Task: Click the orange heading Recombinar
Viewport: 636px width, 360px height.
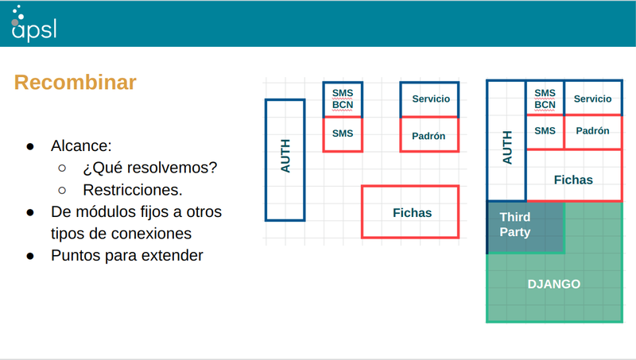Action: coord(76,83)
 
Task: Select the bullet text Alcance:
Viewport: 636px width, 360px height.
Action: coord(81,146)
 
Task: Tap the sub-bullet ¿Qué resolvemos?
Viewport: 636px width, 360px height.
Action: coord(149,168)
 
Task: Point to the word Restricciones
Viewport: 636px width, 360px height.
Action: coord(132,191)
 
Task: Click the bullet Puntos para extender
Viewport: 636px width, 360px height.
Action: coord(127,256)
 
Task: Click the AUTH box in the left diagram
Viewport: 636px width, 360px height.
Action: coord(285,159)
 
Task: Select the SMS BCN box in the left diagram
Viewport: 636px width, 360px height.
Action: coord(343,99)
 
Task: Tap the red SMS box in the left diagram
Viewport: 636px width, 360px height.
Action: coord(343,134)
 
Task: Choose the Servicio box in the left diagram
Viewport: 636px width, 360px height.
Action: coord(429,99)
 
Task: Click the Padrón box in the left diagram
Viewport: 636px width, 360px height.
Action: coord(429,135)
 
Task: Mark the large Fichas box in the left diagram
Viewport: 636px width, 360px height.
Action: coord(411,212)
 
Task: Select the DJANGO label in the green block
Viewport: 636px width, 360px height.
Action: coord(554,284)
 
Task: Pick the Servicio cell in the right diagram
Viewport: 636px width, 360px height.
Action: coord(592,99)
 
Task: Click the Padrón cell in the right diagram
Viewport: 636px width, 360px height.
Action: coord(592,131)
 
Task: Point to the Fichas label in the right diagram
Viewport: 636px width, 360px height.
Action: coord(573,180)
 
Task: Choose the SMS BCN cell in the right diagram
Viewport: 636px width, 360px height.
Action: coord(545,99)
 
